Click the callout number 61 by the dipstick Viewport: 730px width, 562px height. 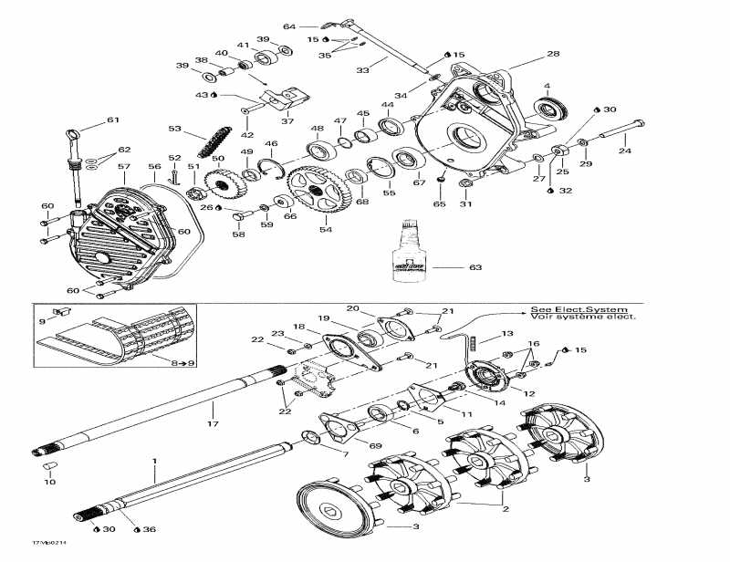coord(112,120)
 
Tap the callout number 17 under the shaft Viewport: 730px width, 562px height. coord(212,422)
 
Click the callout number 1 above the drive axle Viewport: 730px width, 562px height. coord(154,463)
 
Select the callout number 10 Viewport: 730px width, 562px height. coord(48,481)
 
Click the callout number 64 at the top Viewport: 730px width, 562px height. coord(289,26)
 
